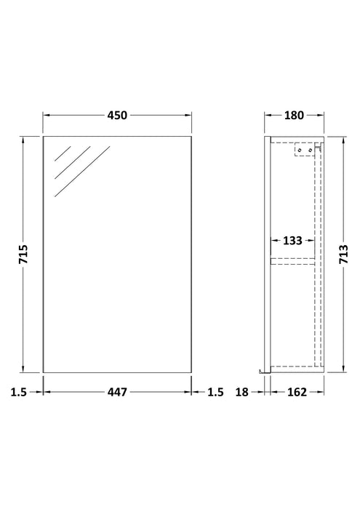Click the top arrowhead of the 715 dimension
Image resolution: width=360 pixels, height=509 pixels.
24,137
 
